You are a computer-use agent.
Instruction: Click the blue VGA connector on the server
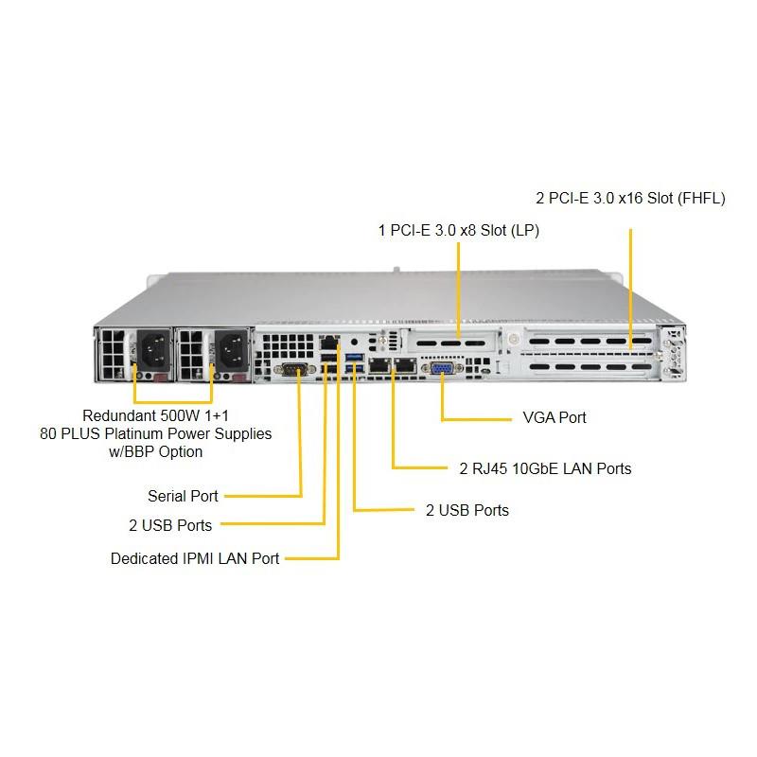point(442,369)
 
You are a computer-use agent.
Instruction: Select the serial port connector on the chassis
point(292,369)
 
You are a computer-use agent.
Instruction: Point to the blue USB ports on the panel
point(355,361)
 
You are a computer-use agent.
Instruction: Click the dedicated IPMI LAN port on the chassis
point(328,342)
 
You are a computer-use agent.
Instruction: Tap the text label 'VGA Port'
point(555,417)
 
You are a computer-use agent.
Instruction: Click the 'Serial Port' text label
point(183,496)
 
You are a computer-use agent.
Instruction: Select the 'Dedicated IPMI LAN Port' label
point(195,558)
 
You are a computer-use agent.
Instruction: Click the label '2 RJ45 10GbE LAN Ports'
point(545,468)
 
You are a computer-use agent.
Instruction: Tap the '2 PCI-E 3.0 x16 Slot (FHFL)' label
point(630,198)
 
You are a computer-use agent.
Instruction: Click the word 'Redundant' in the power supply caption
point(118,415)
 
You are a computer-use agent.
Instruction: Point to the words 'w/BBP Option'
point(156,451)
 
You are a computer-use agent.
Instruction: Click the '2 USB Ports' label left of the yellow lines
point(170,524)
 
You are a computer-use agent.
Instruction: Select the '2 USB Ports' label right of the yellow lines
point(467,510)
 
